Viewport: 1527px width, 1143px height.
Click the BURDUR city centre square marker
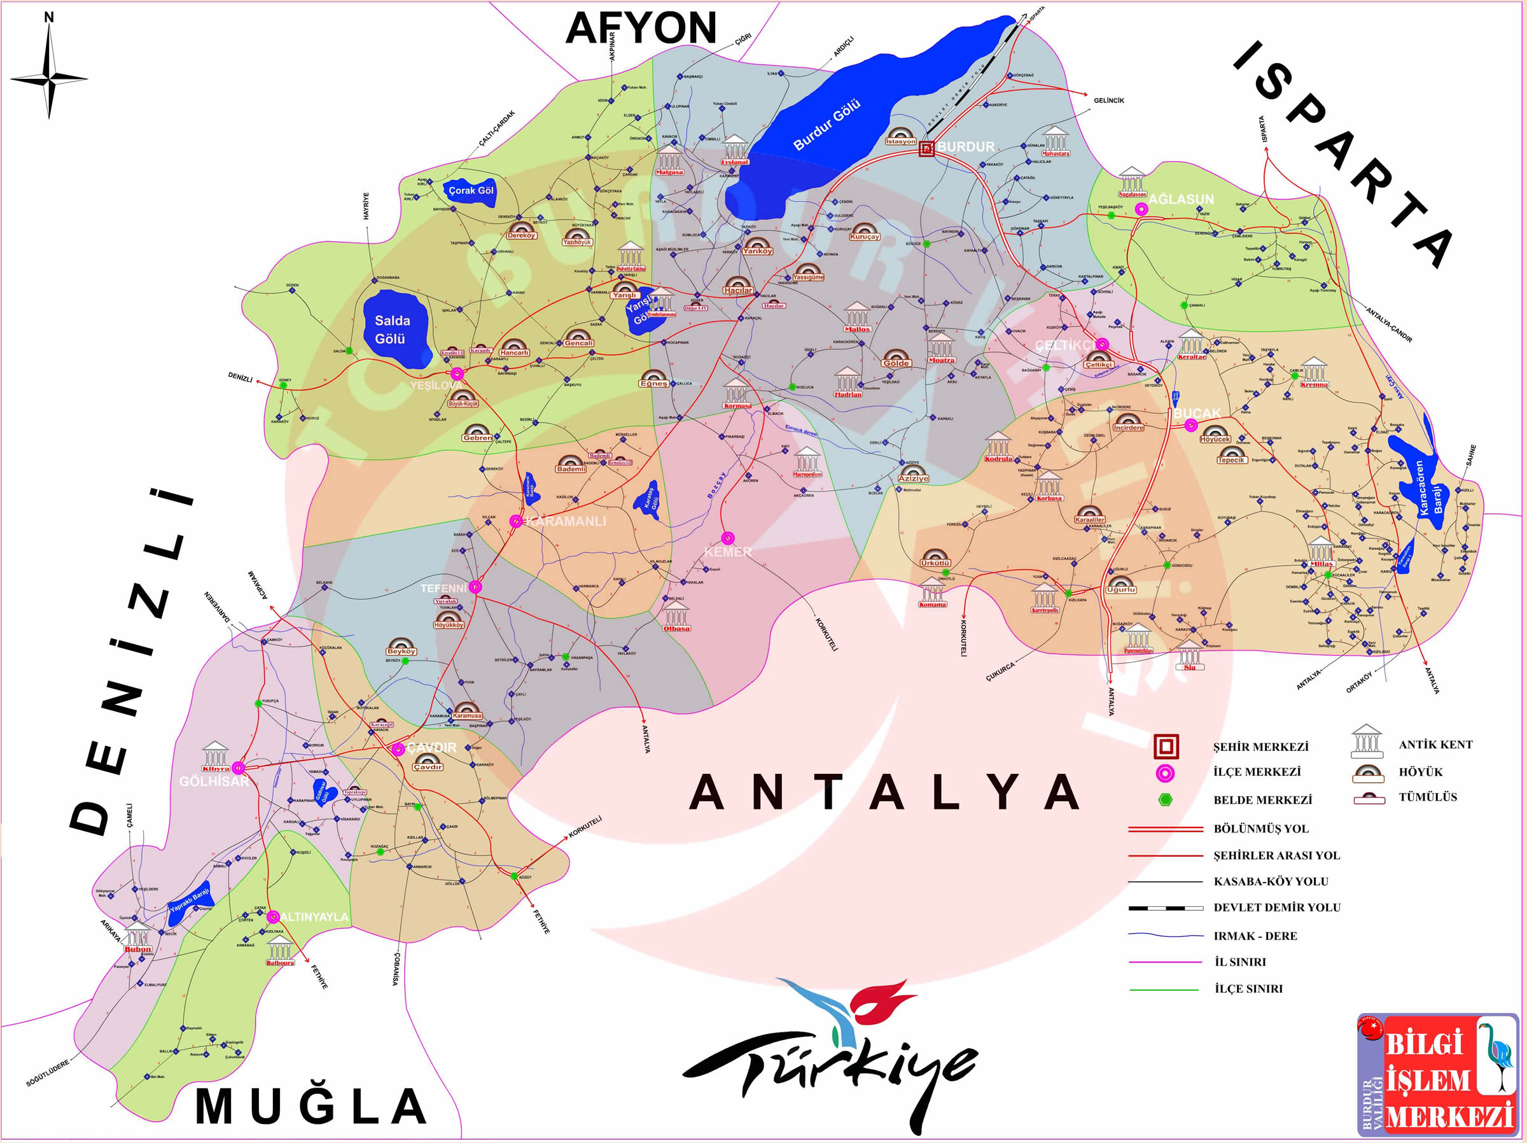click(926, 148)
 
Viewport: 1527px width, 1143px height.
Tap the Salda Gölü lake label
click(391, 330)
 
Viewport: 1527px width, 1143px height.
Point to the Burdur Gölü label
click(826, 124)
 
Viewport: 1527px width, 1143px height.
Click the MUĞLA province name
click(311, 1105)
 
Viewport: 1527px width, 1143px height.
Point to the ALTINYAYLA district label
click(314, 916)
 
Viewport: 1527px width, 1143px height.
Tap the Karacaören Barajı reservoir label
click(1428, 489)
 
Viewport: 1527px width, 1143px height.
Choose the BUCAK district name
click(1197, 413)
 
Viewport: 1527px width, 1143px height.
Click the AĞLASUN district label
click(1180, 199)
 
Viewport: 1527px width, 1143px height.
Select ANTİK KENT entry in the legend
click(1435, 745)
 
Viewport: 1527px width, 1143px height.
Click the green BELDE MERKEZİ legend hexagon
click(1165, 800)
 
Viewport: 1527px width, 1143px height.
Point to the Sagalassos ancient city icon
click(1132, 181)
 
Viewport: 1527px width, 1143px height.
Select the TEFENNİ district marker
click(475, 587)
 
